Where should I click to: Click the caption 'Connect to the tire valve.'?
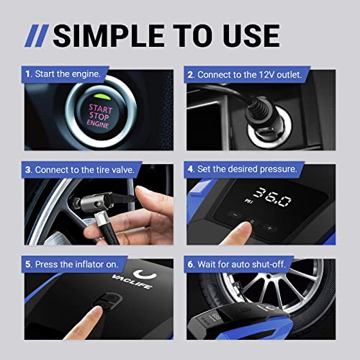[x=79, y=170]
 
